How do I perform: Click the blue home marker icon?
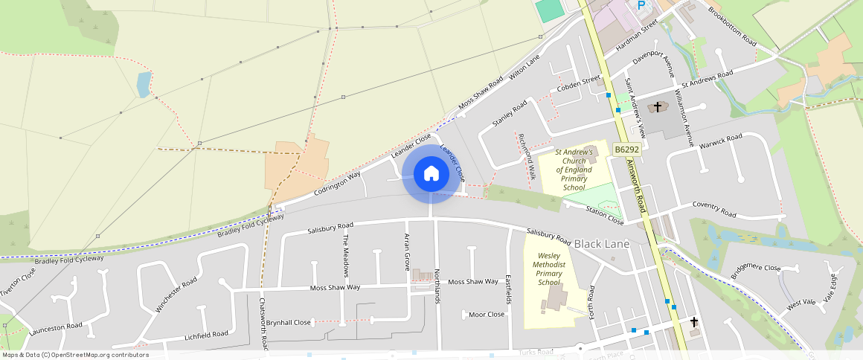431,174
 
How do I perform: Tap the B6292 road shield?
627,150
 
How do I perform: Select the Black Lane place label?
602,244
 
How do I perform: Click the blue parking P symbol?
641,5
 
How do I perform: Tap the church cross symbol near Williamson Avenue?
657,107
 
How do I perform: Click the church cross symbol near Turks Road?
694,322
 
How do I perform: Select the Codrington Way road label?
337,183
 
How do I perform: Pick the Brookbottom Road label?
732,25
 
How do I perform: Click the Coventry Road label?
713,209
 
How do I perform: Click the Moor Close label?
487,315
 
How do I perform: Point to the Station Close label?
604,216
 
